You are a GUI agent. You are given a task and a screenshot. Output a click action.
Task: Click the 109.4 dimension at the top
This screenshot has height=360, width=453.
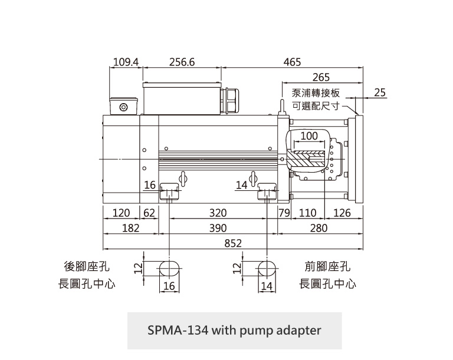click(x=125, y=62)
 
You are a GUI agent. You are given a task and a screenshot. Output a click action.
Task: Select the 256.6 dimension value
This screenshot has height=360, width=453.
click(x=181, y=62)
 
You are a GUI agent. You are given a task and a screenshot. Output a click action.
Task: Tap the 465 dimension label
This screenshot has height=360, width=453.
click(x=292, y=62)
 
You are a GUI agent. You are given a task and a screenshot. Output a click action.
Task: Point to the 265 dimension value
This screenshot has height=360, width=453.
click(x=321, y=77)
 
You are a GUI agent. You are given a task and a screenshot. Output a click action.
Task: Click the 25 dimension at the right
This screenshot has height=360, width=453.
click(x=380, y=93)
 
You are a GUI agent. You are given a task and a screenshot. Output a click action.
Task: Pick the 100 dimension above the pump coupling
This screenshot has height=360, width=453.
click(x=309, y=136)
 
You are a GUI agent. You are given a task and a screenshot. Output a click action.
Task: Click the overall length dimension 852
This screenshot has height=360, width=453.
click(x=232, y=243)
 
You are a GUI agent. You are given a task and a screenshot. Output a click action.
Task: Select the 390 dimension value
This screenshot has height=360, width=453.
click(x=218, y=228)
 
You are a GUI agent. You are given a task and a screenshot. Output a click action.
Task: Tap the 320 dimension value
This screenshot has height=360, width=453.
click(x=218, y=213)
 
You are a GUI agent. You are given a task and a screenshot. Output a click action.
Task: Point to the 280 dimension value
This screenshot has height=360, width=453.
click(x=319, y=228)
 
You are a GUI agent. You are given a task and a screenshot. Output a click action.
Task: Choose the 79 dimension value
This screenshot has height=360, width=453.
click(x=284, y=213)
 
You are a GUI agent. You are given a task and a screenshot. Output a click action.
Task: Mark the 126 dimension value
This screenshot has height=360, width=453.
click(x=342, y=213)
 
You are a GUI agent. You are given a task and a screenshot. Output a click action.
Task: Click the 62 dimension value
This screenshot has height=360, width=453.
click(x=148, y=213)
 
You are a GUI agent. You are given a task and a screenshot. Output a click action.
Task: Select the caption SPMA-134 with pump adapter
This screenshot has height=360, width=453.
click(x=234, y=330)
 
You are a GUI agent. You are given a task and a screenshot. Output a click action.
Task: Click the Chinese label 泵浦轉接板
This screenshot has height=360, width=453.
click(x=316, y=93)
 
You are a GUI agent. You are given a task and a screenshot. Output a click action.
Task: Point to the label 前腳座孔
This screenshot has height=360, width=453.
click(x=328, y=266)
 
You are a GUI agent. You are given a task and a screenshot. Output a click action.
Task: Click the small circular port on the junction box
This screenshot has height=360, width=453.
click(x=123, y=107)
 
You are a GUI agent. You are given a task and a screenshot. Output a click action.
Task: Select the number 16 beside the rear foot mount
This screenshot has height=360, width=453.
click(x=150, y=185)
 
